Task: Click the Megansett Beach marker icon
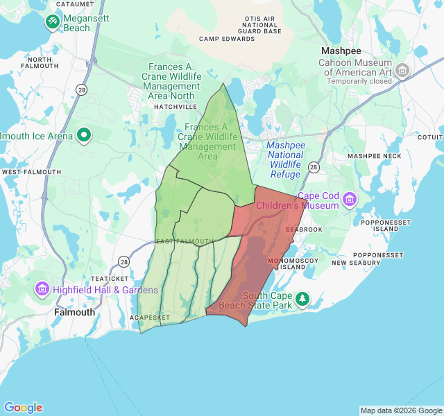[53, 22]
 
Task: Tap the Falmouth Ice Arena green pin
[85, 135]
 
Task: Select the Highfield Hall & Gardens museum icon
[42, 289]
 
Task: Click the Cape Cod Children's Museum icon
[349, 200]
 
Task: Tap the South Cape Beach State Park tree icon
[302, 300]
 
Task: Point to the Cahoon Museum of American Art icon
[402, 71]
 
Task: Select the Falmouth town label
[74, 312]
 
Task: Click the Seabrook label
[304, 229]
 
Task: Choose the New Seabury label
[357, 263]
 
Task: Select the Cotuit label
[431, 137]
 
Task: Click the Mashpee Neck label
[375, 156]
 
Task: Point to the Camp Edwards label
[227, 39]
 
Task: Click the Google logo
[23, 408]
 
